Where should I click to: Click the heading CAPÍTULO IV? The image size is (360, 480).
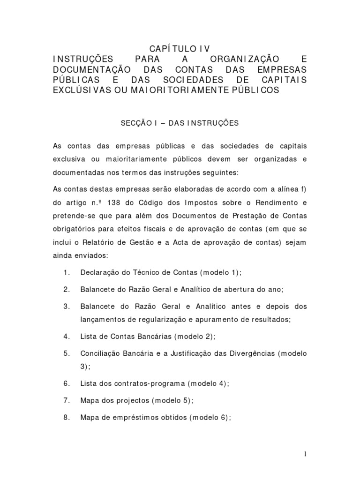[x=180, y=49]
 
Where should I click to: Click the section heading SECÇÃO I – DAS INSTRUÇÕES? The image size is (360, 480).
[x=180, y=123]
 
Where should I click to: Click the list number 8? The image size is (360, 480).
[x=66, y=417]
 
